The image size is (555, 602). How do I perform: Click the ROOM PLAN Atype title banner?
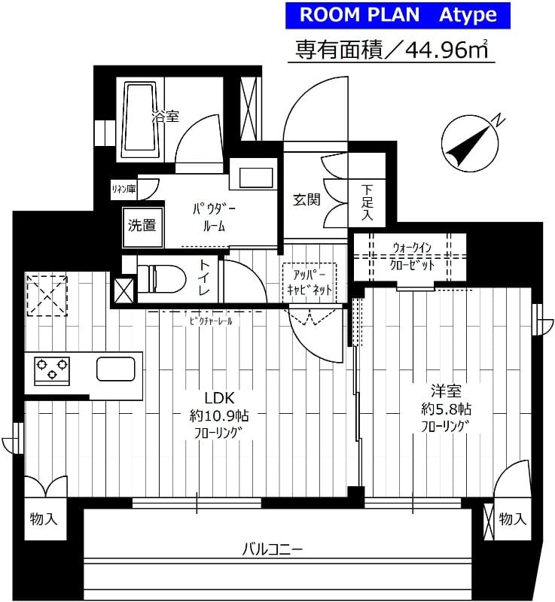[398, 15]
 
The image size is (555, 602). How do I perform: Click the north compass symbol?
[468, 143]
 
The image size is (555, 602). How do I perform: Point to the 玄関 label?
[307, 199]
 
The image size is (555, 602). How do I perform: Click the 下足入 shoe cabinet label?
[367, 202]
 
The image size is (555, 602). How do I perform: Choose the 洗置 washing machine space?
[142, 224]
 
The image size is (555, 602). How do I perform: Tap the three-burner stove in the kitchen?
[51, 369]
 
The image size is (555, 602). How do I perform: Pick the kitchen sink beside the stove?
[115, 369]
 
